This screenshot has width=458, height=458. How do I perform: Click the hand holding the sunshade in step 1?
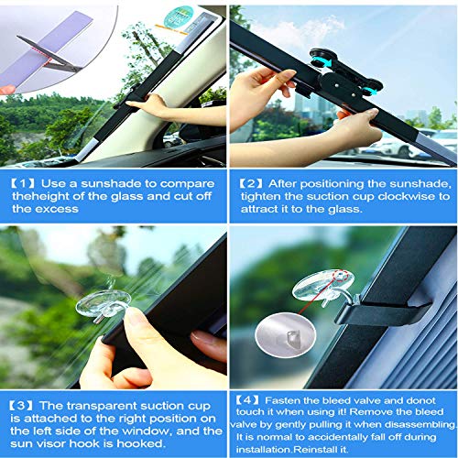151,106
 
